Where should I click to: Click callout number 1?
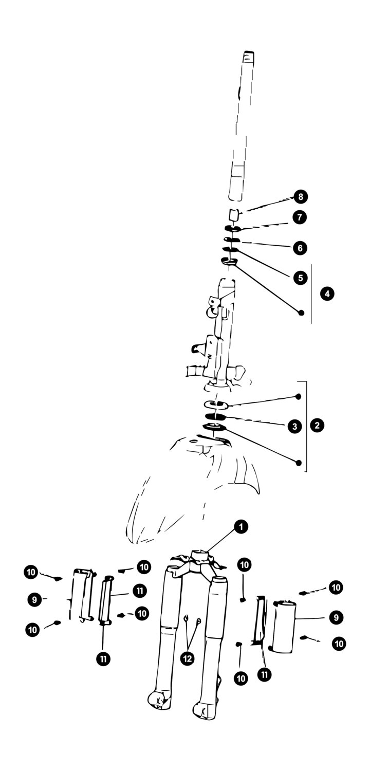241,527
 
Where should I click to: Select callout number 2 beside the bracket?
317,425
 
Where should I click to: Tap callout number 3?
294,427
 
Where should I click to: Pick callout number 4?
327,293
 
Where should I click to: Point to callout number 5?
301,278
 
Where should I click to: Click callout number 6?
300,248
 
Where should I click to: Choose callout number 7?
300,217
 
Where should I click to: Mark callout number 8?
301,197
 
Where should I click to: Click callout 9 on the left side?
34,600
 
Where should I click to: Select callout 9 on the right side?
336,617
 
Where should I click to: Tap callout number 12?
187,658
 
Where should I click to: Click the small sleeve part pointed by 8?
234,215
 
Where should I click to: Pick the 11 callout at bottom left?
103,659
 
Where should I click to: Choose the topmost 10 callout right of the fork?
244,565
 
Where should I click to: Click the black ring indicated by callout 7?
233,228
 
